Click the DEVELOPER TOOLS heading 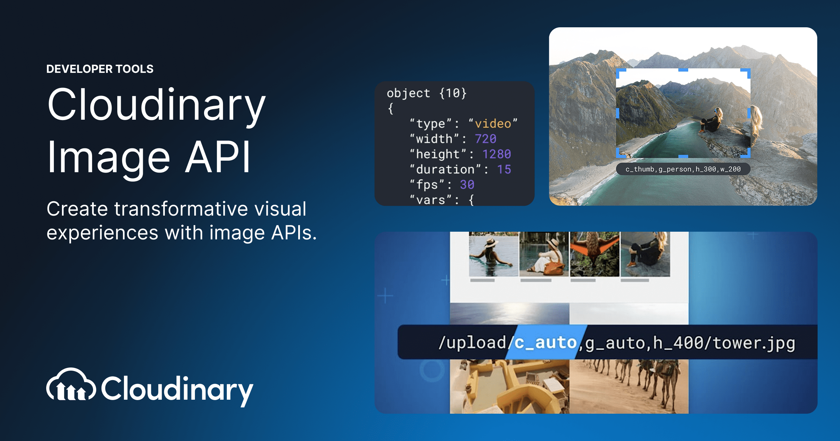(x=100, y=69)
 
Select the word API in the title (x=218, y=156)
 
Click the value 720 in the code (x=485, y=139)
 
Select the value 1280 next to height (x=497, y=154)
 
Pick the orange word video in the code (x=493, y=124)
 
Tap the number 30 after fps (x=467, y=184)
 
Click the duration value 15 (x=504, y=169)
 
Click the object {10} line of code (x=427, y=93)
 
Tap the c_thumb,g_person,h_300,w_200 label (x=683, y=169)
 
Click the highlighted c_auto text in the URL (x=545, y=343)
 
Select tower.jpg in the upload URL (x=754, y=343)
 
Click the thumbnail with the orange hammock (x=594, y=254)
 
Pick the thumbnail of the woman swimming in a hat (x=493, y=254)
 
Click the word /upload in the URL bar (x=472, y=343)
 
